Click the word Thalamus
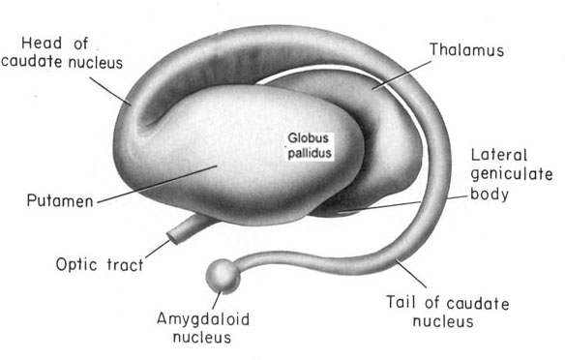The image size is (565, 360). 466,49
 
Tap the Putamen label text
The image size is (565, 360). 60,200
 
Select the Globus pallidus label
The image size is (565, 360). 310,145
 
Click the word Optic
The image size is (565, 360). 76,264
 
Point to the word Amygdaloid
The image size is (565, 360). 203,319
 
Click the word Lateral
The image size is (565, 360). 499,155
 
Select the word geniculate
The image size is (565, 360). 512,174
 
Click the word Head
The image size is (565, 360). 42,44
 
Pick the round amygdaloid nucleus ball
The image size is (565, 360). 223,276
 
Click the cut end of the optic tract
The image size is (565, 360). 172,237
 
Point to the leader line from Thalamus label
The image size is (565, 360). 401,75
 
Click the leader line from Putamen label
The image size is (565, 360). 158,184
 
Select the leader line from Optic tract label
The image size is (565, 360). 158,249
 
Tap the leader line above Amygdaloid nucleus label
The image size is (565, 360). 217,300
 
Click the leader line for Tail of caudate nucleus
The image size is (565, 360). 411,274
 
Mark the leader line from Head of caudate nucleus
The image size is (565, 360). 110,91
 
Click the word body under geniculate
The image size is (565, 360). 490,195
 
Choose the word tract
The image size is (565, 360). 125,265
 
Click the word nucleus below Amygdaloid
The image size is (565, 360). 202,338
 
